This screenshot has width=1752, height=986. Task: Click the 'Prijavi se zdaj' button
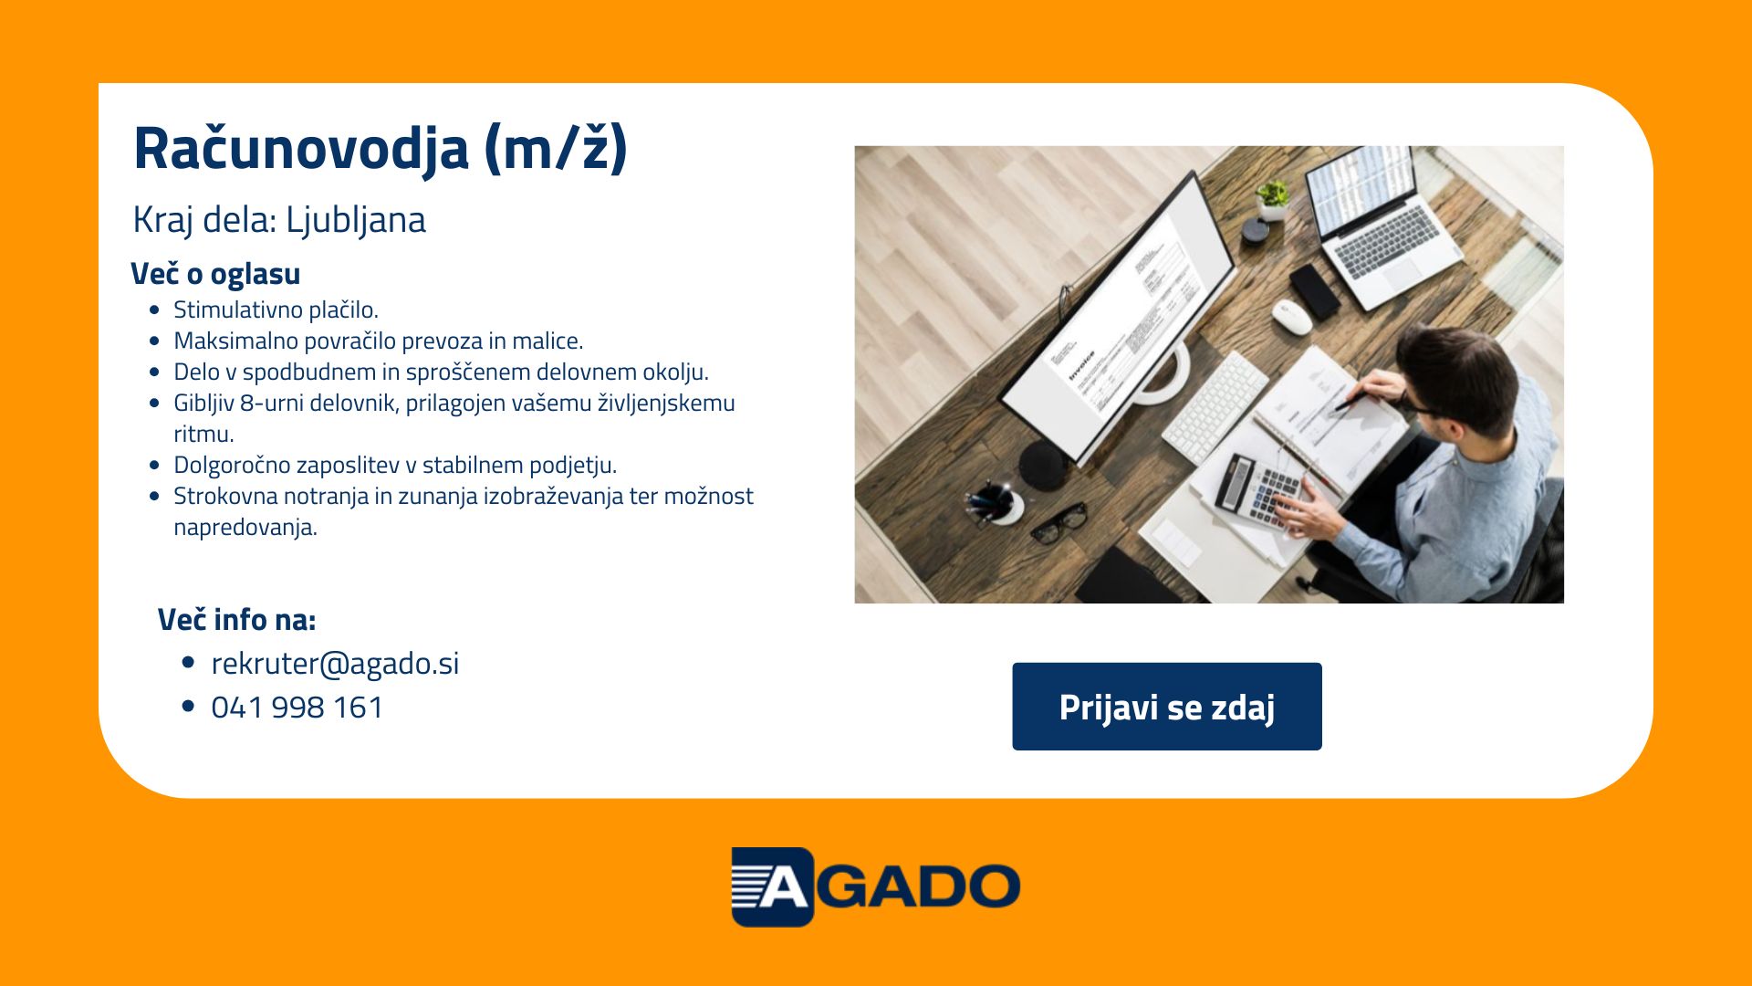click(x=1166, y=707)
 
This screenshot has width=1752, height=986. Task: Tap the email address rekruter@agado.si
click(x=335, y=664)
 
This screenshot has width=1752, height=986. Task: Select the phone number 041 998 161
click(x=297, y=708)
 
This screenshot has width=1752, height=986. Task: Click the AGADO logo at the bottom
click(x=876, y=886)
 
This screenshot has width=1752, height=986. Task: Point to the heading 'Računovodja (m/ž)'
click(x=381, y=148)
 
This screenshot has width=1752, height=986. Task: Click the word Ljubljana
click(x=356, y=221)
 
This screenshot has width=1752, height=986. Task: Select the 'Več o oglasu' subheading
click(x=215, y=274)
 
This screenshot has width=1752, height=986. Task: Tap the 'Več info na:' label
click(x=237, y=620)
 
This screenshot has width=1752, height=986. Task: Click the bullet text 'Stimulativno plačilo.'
click(x=276, y=310)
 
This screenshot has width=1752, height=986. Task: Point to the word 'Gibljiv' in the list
click(x=203, y=404)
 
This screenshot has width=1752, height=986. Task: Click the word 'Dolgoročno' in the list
click(x=232, y=466)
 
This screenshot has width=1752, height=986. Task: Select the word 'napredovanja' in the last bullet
click(x=245, y=528)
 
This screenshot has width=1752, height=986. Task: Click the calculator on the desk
click(x=1260, y=492)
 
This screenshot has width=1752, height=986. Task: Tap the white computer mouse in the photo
click(x=1292, y=316)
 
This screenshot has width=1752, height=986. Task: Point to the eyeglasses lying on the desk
click(x=1059, y=524)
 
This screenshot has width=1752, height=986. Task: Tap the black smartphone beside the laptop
click(x=1315, y=291)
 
